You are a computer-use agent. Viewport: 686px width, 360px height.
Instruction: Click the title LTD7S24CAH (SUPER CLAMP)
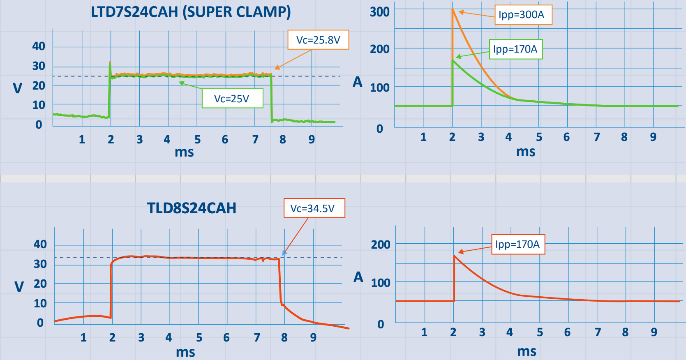click(191, 12)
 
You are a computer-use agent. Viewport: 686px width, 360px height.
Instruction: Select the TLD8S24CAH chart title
click(192, 208)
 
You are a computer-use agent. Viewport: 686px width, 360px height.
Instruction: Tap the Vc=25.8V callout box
click(318, 40)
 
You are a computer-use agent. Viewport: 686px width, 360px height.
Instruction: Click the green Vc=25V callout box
click(232, 99)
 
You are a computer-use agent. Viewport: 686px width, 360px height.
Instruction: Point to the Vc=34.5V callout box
click(314, 208)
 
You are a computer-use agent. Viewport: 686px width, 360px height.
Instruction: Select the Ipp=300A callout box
click(523, 15)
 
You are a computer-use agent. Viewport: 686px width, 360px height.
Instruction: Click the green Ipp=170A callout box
click(515, 49)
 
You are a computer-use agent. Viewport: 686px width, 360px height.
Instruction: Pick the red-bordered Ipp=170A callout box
click(518, 245)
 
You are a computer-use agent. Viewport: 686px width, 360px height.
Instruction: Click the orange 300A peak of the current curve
click(453, 9)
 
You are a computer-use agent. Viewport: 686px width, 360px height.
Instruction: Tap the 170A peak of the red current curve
click(454, 256)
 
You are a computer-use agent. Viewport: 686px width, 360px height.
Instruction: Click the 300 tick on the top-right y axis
click(379, 12)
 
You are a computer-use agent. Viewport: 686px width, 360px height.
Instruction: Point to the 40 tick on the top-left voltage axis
click(39, 46)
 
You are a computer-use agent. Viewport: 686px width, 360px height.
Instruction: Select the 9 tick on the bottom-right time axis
click(654, 332)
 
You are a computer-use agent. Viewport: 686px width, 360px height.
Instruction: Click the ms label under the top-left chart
click(184, 152)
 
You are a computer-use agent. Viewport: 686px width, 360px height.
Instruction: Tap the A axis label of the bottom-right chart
click(358, 277)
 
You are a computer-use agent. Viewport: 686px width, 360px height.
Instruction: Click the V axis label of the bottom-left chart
click(19, 286)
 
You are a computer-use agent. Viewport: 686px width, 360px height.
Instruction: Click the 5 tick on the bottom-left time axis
click(199, 338)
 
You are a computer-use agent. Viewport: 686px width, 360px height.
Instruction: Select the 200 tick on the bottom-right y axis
click(381, 245)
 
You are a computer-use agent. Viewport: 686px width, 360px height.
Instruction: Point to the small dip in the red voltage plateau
click(263, 260)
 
